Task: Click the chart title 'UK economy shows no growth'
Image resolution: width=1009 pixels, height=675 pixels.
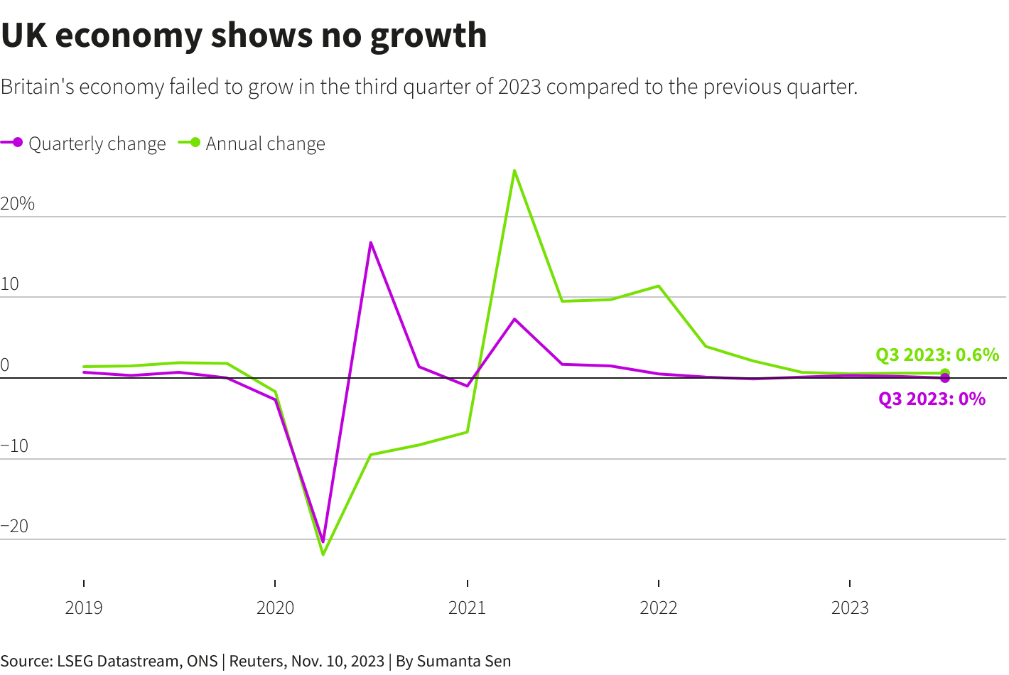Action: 244,36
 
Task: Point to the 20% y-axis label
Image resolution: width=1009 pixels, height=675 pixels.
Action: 18,204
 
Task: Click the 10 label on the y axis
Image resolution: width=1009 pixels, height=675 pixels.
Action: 10,284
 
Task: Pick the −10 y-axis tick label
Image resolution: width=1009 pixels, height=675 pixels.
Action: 14,446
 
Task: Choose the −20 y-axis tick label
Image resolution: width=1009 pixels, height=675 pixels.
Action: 14,526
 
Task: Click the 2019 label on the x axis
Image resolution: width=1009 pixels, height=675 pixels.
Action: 84,608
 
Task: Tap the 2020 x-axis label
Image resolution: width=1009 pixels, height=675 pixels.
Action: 275,608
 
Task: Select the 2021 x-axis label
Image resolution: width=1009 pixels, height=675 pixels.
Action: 467,608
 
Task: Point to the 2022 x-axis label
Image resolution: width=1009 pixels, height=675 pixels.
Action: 659,608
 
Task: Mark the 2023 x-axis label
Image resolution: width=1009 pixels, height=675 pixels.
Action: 850,608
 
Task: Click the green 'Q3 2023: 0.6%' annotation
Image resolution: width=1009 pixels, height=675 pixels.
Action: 937,355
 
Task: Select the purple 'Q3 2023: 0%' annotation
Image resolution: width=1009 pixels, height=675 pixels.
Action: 932,399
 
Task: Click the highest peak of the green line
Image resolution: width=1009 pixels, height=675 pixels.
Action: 514,171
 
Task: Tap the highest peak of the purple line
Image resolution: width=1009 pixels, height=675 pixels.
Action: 371,242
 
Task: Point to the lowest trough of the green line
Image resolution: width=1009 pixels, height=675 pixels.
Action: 323,554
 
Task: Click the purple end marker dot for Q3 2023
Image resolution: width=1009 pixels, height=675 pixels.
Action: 945,378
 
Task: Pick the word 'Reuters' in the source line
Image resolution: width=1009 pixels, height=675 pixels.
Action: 255,661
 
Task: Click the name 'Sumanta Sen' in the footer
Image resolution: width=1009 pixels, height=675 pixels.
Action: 463,661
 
